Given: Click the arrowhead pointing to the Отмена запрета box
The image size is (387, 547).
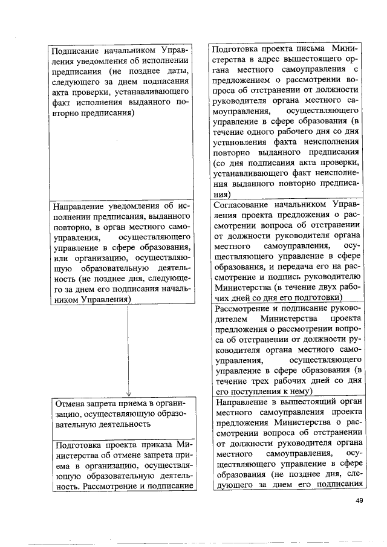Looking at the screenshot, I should click(128, 392).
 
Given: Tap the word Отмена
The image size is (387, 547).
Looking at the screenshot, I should click(70, 403).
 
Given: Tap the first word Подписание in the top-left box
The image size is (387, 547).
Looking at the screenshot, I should click(76, 49).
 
